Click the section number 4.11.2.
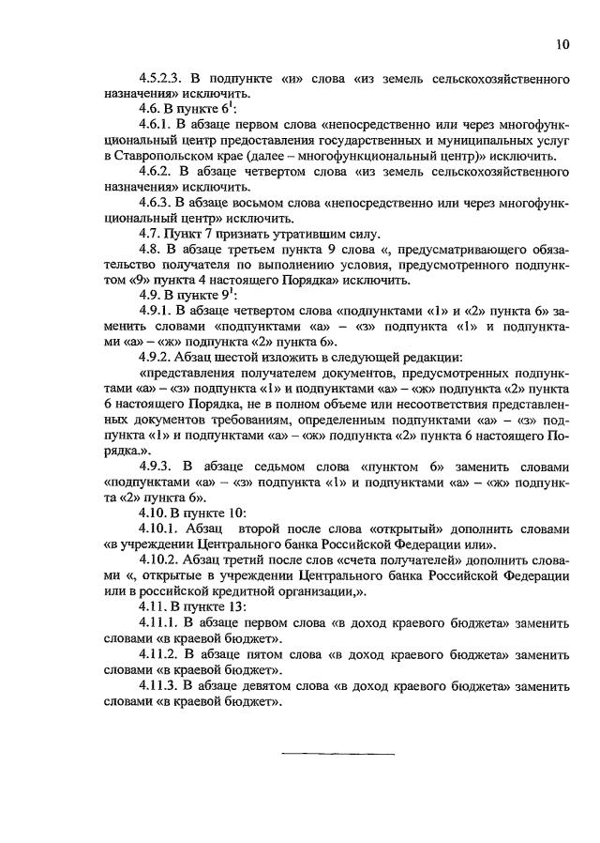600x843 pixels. (160, 652)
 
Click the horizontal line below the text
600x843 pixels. (337, 753)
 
